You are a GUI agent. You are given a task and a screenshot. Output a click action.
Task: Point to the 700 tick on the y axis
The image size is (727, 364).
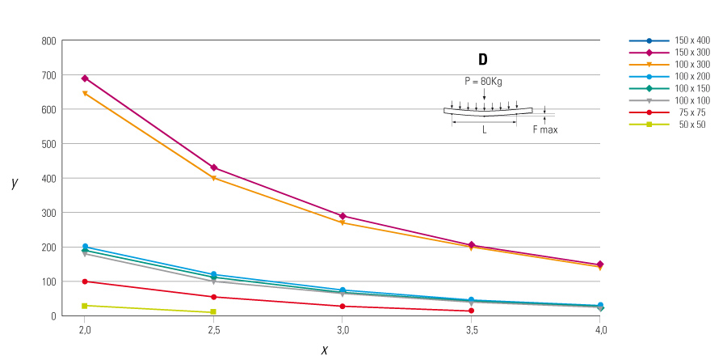click(48, 75)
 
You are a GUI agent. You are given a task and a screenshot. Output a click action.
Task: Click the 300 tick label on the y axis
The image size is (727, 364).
click(48, 213)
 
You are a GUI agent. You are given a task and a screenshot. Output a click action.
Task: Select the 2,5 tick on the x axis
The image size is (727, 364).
click(213, 330)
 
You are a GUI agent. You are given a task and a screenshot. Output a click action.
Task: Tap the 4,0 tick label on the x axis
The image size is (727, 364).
click(599, 330)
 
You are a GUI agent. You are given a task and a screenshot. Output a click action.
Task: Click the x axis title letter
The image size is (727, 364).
click(325, 349)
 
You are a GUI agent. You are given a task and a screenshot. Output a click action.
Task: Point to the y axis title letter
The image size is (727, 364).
click(15, 183)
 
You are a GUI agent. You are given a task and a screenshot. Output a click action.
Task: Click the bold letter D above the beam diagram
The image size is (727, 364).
click(483, 60)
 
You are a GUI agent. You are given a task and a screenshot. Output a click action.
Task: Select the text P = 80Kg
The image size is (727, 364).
click(483, 81)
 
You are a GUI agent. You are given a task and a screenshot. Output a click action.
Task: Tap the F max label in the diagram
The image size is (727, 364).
click(544, 129)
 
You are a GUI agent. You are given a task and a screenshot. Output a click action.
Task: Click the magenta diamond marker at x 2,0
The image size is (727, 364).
click(85, 78)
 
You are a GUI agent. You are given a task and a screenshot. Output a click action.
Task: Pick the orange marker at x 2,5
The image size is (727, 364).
click(213, 178)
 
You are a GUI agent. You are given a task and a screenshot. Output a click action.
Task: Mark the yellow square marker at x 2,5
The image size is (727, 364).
click(213, 312)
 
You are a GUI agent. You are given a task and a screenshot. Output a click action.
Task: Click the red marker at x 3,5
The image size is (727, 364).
click(471, 311)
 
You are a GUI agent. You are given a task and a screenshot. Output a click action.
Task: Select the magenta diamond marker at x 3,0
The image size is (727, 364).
click(342, 216)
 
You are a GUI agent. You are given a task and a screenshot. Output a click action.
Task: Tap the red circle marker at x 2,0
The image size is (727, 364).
click(85, 281)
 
